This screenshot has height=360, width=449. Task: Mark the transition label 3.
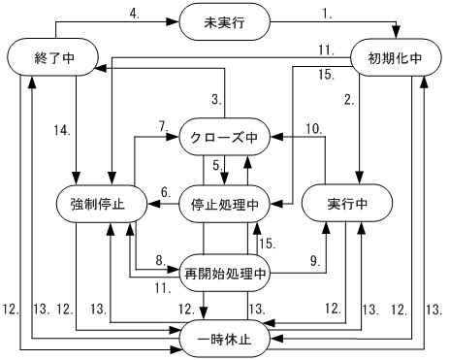pyautogui.click(x=218, y=97)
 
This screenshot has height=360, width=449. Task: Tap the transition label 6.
pyautogui.click(x=166, y=190)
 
